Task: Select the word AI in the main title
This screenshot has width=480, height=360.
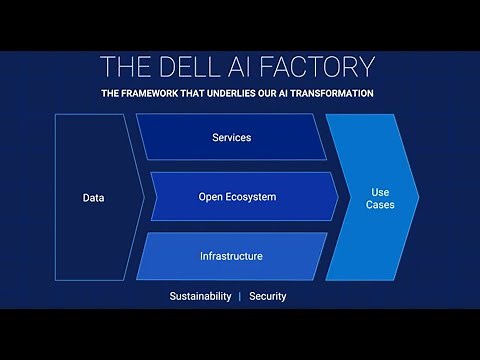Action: click(x=253, y=67)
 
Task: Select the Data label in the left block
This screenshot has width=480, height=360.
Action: click(x=93, y=198)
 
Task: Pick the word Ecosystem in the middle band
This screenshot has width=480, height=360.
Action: click(x=254, y=197)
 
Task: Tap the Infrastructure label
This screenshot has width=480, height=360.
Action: click(x=230, y=256)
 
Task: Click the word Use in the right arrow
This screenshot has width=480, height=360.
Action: click(x=381, y=190)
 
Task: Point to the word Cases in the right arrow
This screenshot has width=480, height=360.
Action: click(x=381, y=205)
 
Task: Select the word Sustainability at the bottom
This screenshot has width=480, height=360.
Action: click(x=198, y=297)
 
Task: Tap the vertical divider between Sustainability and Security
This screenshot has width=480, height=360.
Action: click(x=239, y=297)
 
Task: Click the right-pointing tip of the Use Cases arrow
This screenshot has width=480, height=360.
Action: click(x=419, y=197)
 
